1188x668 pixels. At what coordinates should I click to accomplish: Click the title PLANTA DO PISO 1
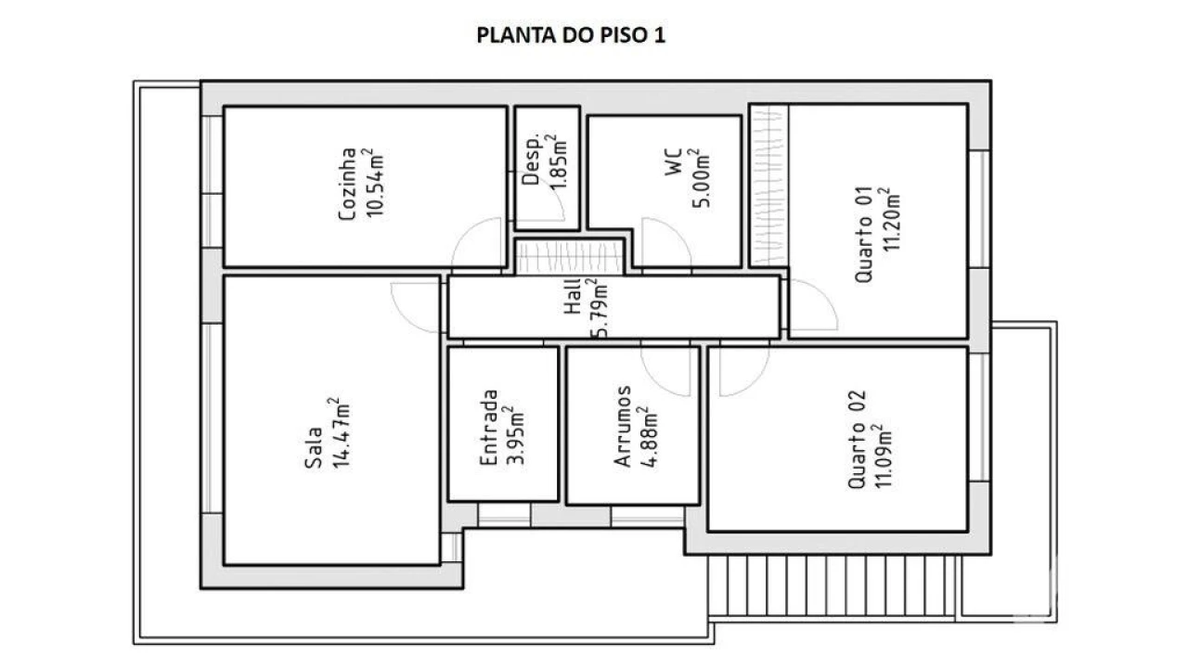pos(571,35)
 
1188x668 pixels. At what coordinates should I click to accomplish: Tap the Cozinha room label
pos(348,185)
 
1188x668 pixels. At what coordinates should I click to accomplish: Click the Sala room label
pos(315,448)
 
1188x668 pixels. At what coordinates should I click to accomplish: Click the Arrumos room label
pos(624,427)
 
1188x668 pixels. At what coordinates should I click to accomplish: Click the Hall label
pos(573,298)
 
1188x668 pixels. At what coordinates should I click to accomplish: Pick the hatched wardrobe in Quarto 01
pos(768,184)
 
